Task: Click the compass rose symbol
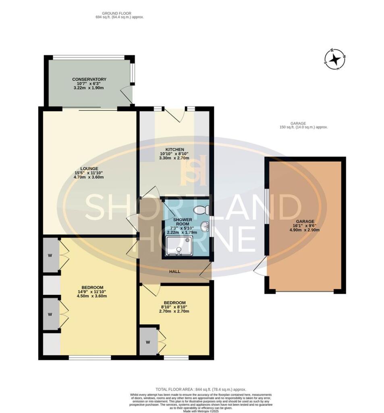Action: click(x=334, y=60)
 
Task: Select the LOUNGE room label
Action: click(x=89, y=169)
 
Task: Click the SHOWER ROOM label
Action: click(x=183, y=222)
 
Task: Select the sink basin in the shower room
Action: click(x=206, y=227)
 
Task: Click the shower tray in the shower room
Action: click(x=178, y=246)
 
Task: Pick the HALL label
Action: click(x=174, y=271)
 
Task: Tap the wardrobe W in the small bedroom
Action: click(x=148, y=343)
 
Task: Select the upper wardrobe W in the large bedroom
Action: click(x=51, y=255)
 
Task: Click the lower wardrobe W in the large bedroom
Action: click(x=51, y=314)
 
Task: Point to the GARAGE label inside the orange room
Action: click(x=305, y=221)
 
